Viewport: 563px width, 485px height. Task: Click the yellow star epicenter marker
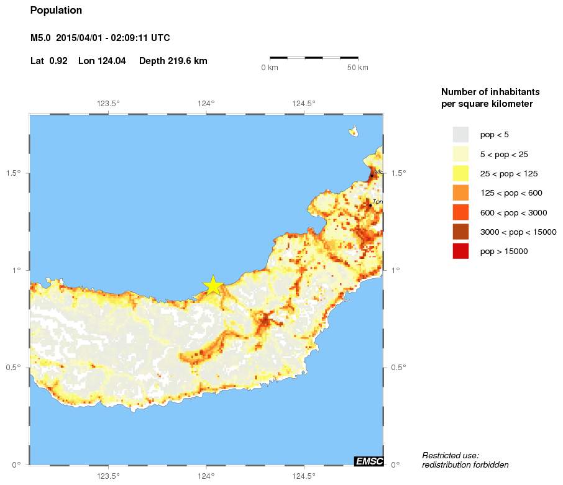(213, 285)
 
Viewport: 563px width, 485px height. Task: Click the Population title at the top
(56, 11)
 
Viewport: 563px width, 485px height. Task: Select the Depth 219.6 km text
(173, 61)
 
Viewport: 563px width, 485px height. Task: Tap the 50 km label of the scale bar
(357, 67)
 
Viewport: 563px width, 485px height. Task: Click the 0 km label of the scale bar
(270, 67)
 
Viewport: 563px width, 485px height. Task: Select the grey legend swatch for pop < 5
(460, 134)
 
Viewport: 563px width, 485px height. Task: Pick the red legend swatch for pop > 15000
(460, 251)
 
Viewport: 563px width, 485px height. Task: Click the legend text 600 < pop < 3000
(513, 212)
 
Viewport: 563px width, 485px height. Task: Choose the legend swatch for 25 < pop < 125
(460, 173)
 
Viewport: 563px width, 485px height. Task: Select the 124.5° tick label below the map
(303, 476)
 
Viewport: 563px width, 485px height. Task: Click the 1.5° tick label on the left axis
(14, 173)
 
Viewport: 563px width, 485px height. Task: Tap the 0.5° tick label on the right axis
(398, 368)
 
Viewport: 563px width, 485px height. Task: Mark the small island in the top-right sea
(353, 131)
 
